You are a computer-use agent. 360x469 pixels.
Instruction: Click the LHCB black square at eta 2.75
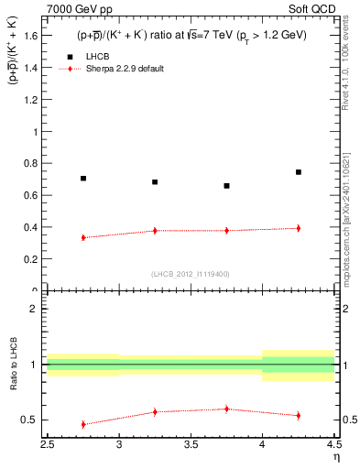[x=83, y=179]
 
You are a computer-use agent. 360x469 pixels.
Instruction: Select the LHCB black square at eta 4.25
[x=299, y=172]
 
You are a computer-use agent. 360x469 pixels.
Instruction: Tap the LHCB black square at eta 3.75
[x=227, y=186]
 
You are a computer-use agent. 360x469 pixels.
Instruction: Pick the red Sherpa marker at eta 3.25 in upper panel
[x=155, y=231]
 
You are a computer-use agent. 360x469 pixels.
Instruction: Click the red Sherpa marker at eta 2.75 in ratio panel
[x=83, y=424]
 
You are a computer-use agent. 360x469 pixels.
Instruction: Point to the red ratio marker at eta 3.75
[x=227, y=409]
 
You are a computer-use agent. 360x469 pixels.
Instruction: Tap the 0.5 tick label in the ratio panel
[x=30, y=420]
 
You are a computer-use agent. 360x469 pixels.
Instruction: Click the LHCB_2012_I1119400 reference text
[x=191, y=274]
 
